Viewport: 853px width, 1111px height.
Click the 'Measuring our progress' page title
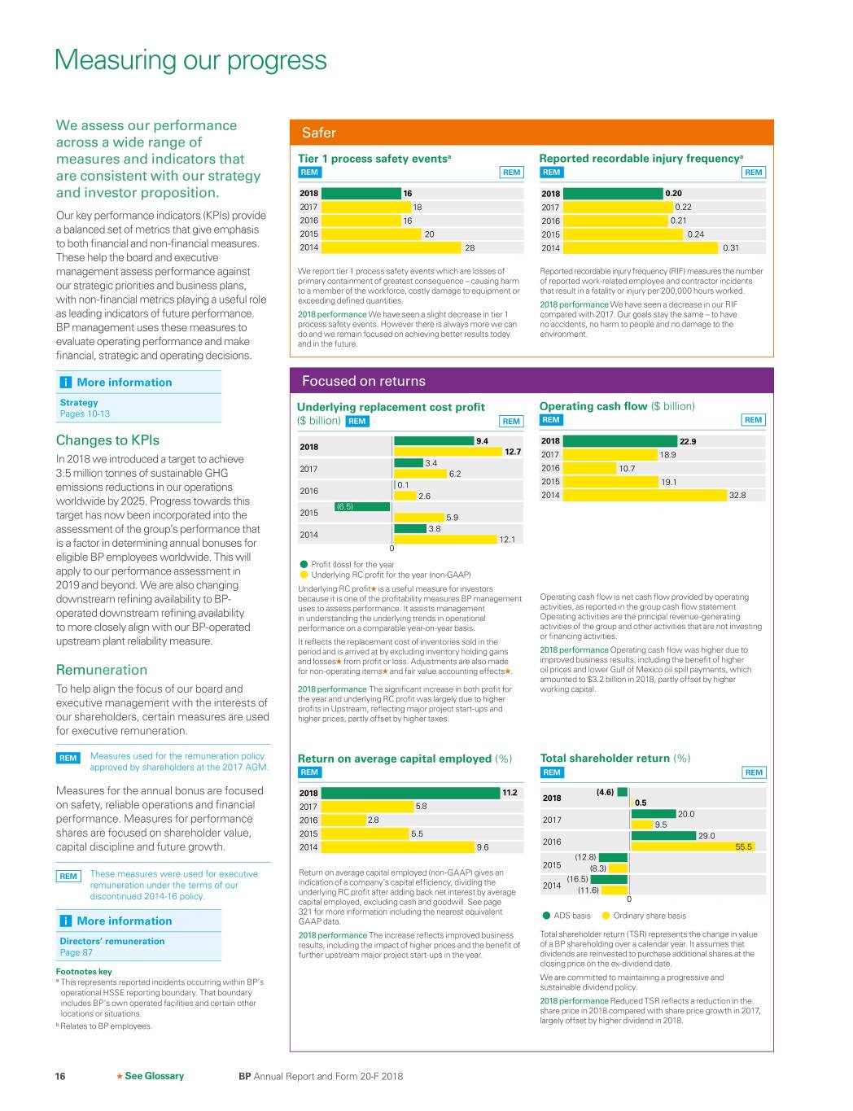coord(190,60)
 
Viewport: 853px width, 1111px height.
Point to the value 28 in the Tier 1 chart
coord(470,247)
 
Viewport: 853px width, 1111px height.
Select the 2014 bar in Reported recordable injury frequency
coord(641,247)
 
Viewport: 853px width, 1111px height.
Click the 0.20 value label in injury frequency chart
coord(673,194)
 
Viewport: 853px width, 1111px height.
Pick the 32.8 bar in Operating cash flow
coord(645,495)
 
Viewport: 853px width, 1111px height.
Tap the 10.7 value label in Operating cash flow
coord(627,468)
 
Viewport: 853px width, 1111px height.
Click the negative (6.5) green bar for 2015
coord(363,506)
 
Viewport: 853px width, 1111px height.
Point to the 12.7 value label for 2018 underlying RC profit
coord(513,452)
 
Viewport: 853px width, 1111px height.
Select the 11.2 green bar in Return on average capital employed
coord(410,793)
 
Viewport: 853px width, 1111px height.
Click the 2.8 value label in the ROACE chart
coord(373,820)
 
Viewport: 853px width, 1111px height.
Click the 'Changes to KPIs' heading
coord(107,440)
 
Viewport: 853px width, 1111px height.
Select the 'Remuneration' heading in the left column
coord(102,670)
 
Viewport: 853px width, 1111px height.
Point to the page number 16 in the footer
coord(60,1076)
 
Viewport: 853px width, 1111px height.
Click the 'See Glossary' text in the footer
coord(154,1076)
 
